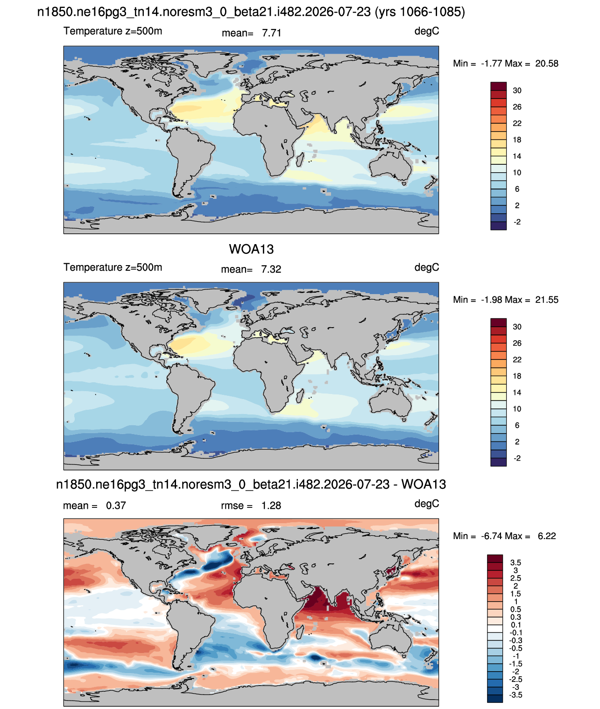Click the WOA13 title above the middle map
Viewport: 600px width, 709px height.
coord(251,249)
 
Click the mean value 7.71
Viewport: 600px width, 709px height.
coord(271,33)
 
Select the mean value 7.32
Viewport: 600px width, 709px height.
coord(271,269)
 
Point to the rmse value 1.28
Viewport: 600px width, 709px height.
coord(271,505)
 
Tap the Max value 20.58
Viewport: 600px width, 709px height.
coord(546,63)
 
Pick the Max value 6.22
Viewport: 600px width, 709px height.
coord(547,536)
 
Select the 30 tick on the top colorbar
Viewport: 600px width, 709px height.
coord(517,91)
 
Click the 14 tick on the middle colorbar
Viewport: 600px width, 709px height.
coord(517,393)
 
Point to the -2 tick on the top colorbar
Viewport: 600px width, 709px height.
coord(517,222)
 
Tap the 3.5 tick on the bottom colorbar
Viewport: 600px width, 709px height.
coord(515,562)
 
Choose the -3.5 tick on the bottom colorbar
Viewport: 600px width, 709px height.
coord(515,695)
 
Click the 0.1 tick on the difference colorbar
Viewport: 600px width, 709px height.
coord(515,625)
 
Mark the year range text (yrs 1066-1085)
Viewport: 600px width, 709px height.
coord(420,12)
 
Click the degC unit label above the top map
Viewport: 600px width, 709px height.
coord(426,31)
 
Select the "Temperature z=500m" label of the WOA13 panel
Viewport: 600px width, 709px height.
coord(113,267)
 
